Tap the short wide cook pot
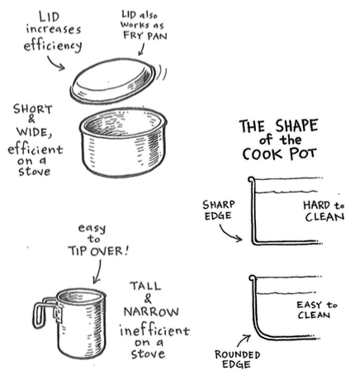123,142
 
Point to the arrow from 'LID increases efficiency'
55,64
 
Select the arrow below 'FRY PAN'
141,50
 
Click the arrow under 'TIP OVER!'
97,272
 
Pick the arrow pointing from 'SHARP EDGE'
230,234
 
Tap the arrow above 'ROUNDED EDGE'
244,340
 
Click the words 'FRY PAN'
145,36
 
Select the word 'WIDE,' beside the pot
34,132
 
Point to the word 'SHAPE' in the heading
296,126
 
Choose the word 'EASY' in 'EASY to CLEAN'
309,305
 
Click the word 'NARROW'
151,311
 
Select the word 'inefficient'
154,330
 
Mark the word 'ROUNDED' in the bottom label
237,354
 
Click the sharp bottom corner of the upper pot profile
254,243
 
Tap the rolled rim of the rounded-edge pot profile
252,278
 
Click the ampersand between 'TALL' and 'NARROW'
148,299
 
